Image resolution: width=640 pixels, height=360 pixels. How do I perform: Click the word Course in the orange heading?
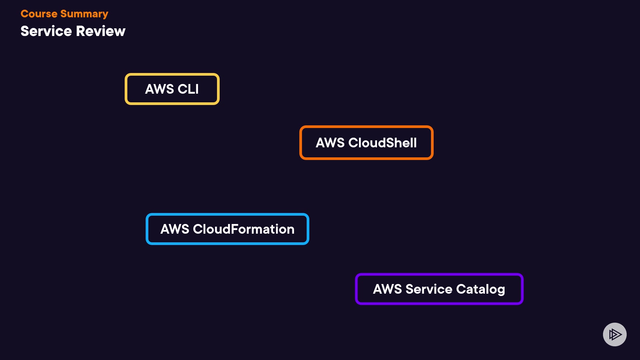coord(39,14)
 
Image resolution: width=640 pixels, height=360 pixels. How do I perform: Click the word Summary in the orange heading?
coord(84,14)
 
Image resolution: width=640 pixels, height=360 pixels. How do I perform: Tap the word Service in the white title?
coord(46,31)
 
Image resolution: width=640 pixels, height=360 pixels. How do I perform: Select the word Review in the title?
coord(101,31)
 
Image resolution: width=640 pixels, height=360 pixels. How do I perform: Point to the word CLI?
coord(188,89)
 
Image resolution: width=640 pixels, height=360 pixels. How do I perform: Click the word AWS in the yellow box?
coord(159,89)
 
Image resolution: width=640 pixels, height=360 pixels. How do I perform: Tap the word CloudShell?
coord(382,143)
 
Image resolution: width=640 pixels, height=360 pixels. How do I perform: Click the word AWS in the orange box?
coord(330,143)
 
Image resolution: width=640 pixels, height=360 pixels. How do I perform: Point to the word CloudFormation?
coord(244,229)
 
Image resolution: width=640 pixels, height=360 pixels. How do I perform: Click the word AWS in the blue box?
coord(175,229)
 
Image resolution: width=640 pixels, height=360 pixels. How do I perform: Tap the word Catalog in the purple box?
coord(480,289)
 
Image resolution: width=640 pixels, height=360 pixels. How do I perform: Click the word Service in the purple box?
coord(429,289)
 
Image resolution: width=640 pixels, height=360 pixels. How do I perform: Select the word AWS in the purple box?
coord(387,289)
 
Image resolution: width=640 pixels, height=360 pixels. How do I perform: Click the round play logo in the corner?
coord(615,334)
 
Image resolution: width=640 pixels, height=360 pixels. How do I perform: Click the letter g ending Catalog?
coord(501,290)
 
